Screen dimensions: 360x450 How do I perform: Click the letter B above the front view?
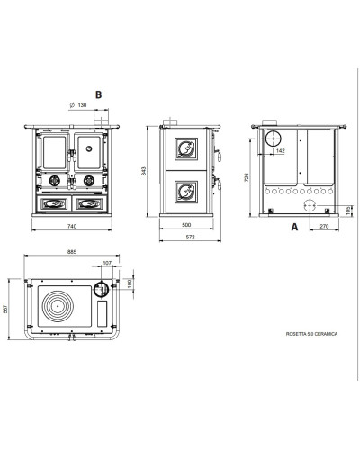point(98,94)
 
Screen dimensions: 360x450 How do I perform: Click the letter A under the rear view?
point(294,227)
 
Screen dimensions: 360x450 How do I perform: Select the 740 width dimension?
point(72,226)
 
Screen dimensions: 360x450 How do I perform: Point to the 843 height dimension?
point(143,171)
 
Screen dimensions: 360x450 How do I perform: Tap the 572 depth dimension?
point(190,237)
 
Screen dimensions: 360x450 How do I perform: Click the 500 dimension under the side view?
point(186,225)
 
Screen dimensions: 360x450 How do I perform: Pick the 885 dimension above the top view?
point(72,252)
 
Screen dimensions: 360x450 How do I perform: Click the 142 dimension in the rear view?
point(280,151)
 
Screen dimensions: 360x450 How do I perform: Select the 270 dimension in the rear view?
point(324,226)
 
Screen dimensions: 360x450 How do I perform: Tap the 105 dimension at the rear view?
point(348,211)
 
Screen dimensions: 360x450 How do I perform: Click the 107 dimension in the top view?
point(107,263)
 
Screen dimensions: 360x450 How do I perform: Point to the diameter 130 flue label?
point(78,105)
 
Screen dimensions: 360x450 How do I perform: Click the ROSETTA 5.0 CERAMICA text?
point(311,334)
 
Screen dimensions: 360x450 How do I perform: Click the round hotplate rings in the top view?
point(58,306)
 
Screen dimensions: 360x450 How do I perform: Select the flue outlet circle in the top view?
point(101,290)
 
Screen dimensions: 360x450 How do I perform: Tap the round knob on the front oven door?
point(89,148)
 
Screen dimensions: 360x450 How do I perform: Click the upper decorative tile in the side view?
point(186,149)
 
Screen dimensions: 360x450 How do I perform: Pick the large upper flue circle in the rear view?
point(274,139)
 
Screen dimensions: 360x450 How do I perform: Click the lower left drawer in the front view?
point(54,203)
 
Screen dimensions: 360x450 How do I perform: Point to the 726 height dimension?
point(247,177)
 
